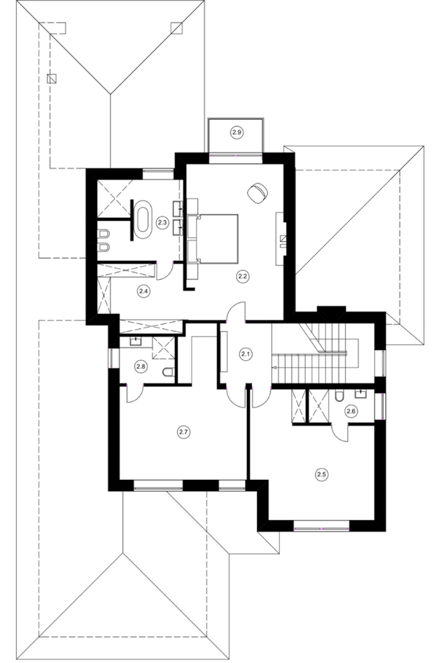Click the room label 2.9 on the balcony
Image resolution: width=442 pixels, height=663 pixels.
[x=237, y=132]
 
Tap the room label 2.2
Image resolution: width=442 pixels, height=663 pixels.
[x=242, y=276]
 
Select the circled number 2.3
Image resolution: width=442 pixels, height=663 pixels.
[x=162, y=222]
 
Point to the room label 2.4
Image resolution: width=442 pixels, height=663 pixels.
[x=143, y=291]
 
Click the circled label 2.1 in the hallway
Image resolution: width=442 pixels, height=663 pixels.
[x=246, y=354]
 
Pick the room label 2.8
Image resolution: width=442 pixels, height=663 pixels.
[x=141, y=366]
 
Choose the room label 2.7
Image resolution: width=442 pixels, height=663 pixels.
[x=183, y=432]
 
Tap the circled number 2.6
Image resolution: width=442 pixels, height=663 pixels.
[x=351, y=411]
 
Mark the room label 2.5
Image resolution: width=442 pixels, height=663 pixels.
[x=321, y=474]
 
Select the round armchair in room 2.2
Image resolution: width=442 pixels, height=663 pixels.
[x=257, y=193]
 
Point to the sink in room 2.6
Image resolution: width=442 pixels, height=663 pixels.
[x=361, y=393]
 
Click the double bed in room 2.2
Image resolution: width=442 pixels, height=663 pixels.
[x=212, y=239]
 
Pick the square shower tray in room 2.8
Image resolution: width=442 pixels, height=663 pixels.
[x=163, y=348]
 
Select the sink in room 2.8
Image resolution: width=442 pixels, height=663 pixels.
[x=136, y=342]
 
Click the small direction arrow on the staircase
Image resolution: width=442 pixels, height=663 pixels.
[x=275, y=368]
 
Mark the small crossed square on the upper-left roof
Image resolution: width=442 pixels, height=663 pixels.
[x=52, y=78]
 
